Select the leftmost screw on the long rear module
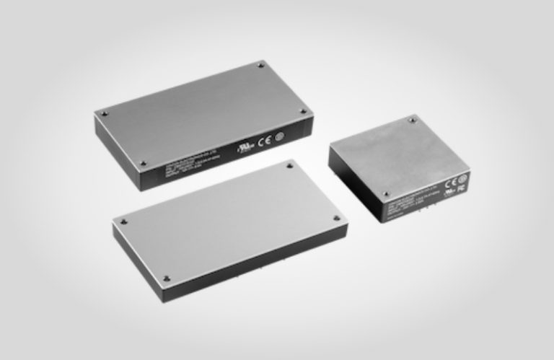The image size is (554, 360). (x=104, y=113)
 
